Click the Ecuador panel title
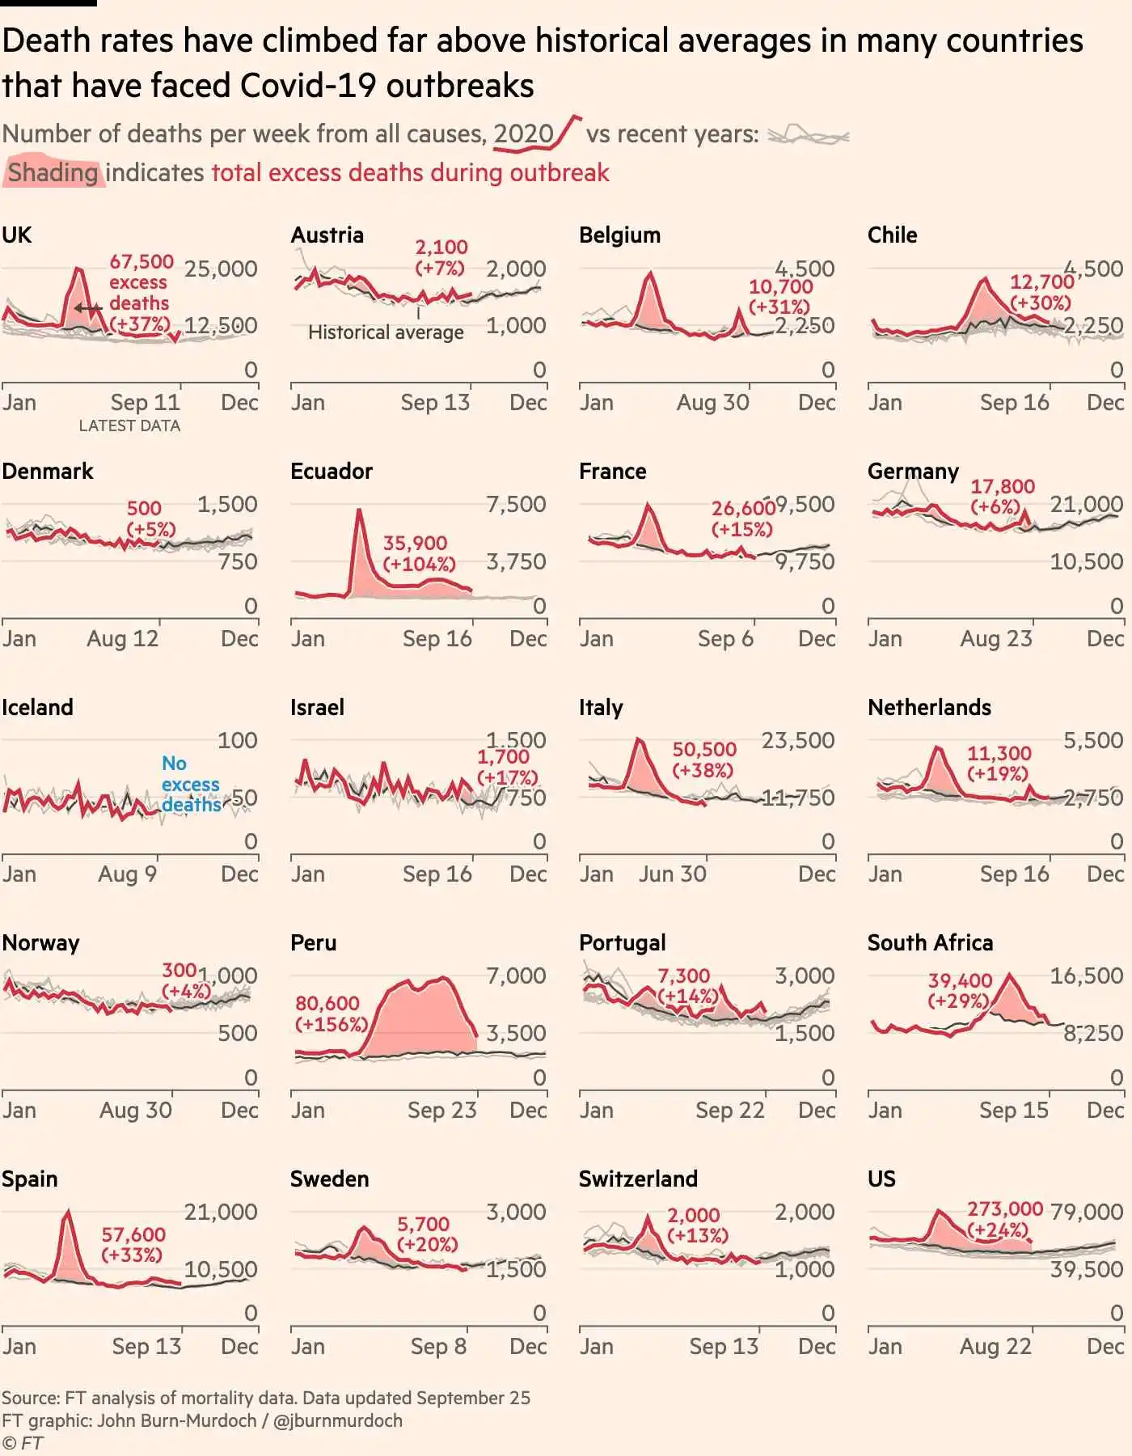(x=332, y=471)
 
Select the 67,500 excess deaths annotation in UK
(x=141, y=292)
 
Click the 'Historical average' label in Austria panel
(x=386, y=332)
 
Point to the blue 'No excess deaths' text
(x=191, y=784)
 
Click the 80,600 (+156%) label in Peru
(x=331, y=1014)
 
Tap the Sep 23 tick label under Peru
(x=441, y=1110)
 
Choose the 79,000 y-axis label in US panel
(x=1086, y=1212)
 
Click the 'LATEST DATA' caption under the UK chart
(x=129, y=425)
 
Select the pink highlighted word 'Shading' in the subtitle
(x=53, y=172)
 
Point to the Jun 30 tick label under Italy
(x=672, y=874)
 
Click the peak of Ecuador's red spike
(x=358, y=511)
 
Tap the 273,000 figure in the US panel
(x=1005, y=1208)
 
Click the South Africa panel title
(x=930, y=942)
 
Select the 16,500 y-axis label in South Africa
(x=1086, y=976)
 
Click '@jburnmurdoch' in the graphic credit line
(x=337, y=1420)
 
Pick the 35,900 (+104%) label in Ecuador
(x=419, y=553)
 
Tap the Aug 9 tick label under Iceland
(x=127, y=874)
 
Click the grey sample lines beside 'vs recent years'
(x=807, y=135)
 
